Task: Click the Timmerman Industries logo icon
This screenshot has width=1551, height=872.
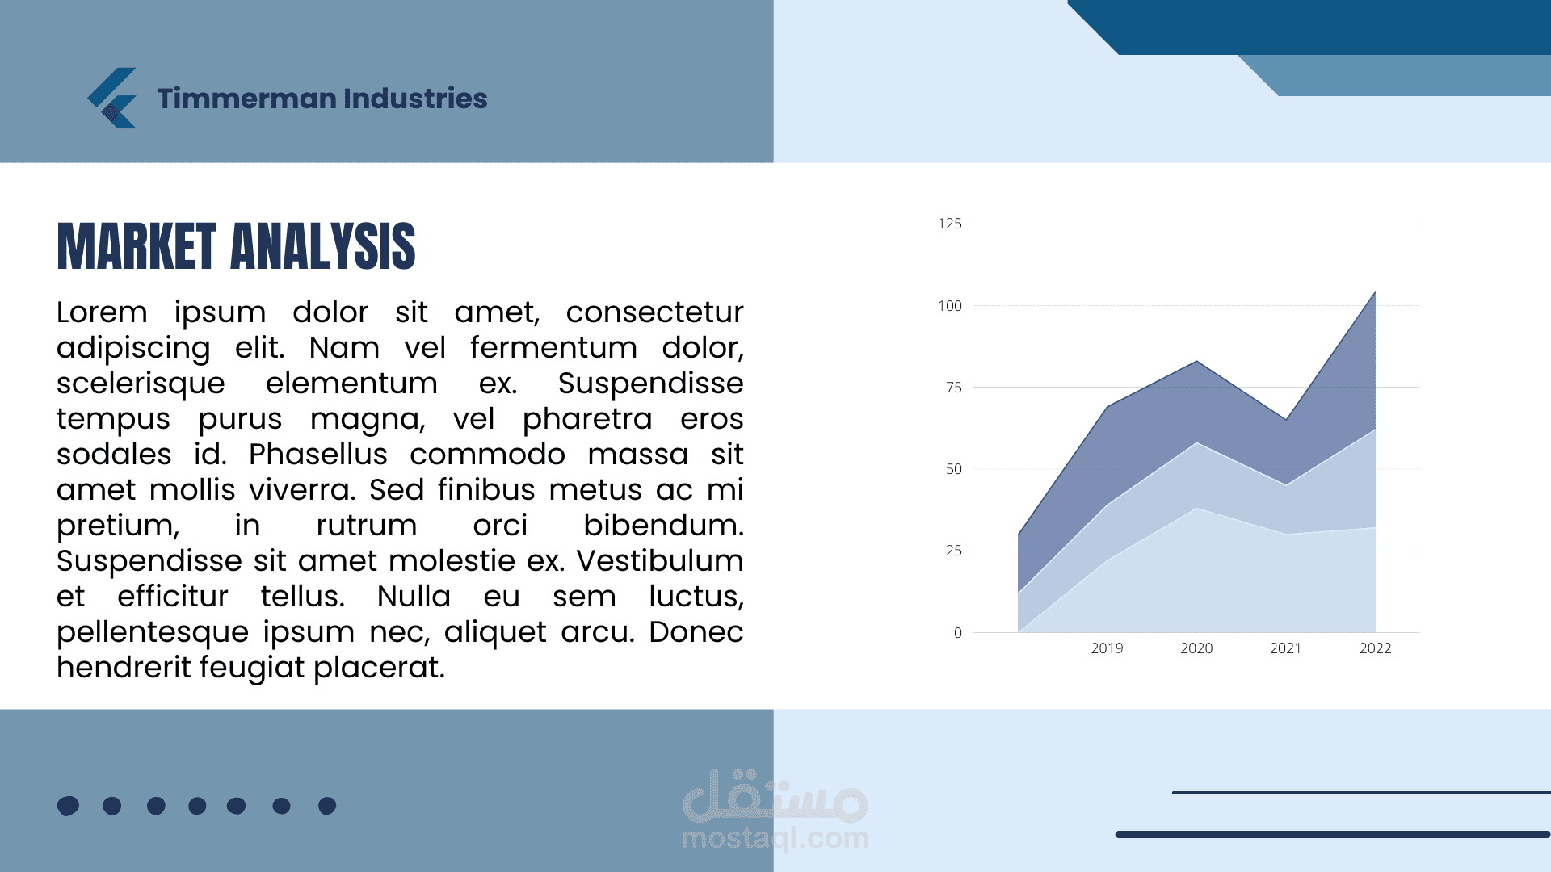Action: click(112, 98)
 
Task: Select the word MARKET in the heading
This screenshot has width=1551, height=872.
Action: click(137, 246)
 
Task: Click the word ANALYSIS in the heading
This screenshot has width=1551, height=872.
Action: click(323, 246)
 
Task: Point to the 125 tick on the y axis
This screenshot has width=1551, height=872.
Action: click(950, 224)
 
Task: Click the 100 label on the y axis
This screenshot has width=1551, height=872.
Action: click(950, 306)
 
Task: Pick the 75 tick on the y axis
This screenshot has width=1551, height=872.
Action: click(954, 388)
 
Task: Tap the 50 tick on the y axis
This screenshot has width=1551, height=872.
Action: click(954, 469)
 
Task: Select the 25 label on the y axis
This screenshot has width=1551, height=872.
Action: click(954, 551)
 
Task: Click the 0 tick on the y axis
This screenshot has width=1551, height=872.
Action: click(958, 633)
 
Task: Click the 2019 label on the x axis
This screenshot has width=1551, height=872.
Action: click(1107, 648)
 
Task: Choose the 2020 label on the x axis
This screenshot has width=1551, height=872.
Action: click(1196, 648)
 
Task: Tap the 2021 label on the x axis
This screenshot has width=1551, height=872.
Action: click(1286, 648)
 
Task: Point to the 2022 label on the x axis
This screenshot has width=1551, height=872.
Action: click(1376, 648)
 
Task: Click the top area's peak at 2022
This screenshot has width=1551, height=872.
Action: click(1375, 291)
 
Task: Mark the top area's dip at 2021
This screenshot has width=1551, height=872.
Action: click(1286, 420)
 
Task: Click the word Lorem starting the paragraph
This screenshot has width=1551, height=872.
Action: click(102, 312)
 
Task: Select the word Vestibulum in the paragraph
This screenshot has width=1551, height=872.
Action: click(660, 561)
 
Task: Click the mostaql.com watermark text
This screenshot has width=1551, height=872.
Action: click(775, 838)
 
